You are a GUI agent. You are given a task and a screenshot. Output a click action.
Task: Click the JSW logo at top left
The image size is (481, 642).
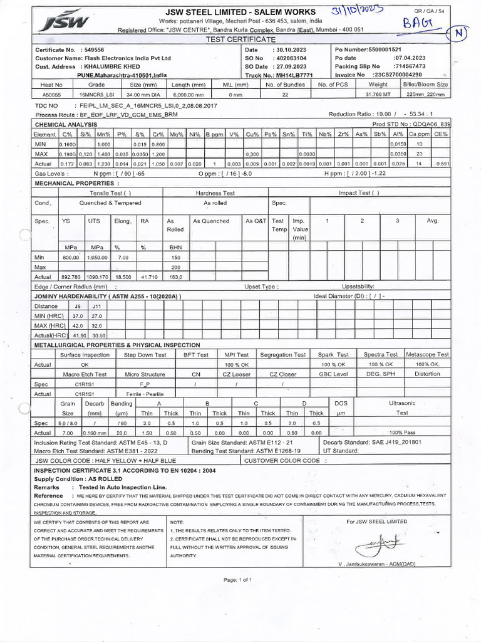(60, 23)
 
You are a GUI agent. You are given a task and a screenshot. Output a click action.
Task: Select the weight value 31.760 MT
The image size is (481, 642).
(378, 94)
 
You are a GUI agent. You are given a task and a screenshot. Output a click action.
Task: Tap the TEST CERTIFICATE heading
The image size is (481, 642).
(240, 39)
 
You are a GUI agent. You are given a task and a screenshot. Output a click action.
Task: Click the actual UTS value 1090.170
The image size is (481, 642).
(96, 276)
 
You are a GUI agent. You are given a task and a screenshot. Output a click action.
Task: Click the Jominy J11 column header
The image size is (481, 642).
(96, 306)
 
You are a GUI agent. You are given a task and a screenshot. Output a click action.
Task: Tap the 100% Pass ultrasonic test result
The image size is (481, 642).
(402, 433)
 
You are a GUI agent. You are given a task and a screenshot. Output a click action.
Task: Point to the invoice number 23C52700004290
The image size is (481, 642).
(403, 75)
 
